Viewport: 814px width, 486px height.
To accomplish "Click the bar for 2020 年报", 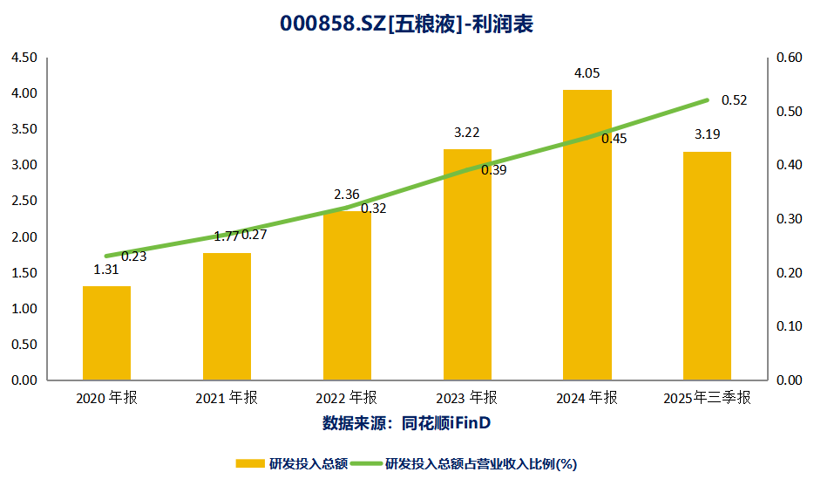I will [106, 333].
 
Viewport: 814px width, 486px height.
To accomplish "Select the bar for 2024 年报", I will [587, 236].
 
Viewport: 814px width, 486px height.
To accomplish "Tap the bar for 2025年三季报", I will [707, 266].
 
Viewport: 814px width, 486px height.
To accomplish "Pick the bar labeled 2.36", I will [347, 297].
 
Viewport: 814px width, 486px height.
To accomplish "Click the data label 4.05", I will [587, 73].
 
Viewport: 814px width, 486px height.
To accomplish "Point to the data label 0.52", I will [734, 100].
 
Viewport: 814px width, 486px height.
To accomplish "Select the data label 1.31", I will [106, 270].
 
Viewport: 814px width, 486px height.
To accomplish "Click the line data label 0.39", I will [493, 170].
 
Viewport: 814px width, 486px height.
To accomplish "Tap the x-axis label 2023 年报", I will [467, 398].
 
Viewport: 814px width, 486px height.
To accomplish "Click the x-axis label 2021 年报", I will [227, 398].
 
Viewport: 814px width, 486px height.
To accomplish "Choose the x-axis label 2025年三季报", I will [707, 398].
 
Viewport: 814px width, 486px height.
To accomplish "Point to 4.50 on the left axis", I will [24, 58].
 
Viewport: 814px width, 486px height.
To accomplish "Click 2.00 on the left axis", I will [24, 237].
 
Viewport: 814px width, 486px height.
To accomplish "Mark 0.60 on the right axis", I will [788, 58].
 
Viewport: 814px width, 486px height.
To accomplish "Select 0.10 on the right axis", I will [788, 326].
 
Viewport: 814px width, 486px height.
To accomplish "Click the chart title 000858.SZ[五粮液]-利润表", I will [406, 24].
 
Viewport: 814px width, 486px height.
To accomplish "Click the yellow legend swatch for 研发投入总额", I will [251, 463].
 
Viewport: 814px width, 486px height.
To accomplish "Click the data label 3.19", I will [707, 135].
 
